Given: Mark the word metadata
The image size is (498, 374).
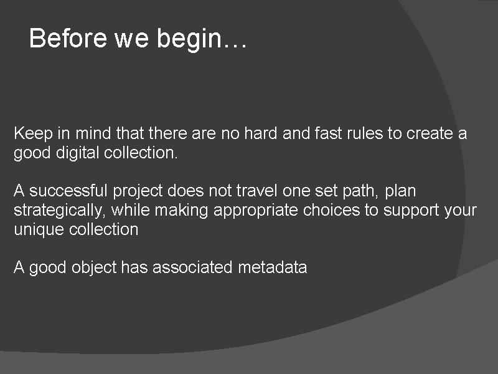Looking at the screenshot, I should (x=273, y=268).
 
